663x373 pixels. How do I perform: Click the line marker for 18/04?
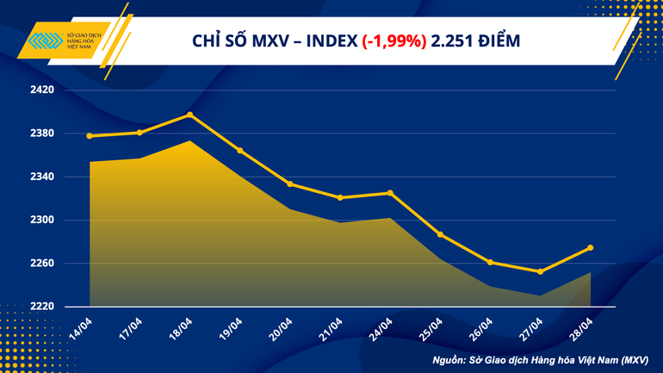click(190, 115)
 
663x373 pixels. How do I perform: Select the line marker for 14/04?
click(90, 136)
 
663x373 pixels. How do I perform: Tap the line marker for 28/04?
click(590, 248)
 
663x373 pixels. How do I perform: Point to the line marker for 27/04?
click(540, 271)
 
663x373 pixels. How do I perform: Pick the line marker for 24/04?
click(390, 193)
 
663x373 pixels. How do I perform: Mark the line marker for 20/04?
click(290, 183)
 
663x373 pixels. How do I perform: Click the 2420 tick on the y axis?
click(42, 90)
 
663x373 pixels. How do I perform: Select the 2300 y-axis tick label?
click(42, 220)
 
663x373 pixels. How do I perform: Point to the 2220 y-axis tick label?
click(42, 307)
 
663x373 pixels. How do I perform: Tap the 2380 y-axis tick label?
click(42, 134)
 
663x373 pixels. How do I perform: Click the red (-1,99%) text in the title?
click(394, 40)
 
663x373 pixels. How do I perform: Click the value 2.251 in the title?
click(455, 40)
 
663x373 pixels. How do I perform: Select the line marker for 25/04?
click(440, 234)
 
